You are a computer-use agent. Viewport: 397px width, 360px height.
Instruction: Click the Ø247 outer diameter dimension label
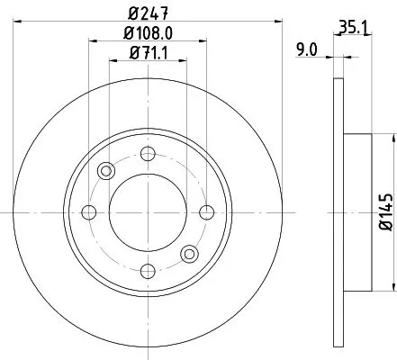point(149,13)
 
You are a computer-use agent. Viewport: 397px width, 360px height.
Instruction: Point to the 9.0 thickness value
point(308,52)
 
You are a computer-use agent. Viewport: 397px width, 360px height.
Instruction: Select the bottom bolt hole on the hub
point(148,272)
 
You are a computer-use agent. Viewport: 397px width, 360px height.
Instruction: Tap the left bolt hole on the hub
point(89,212)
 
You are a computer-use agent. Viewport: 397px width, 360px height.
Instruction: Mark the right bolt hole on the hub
point(207,212)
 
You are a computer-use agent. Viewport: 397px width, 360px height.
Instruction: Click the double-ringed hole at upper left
point(106,171)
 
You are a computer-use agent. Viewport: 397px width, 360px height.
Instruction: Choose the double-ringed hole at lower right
point(189,255)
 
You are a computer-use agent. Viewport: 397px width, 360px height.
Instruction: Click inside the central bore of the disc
point(148,212)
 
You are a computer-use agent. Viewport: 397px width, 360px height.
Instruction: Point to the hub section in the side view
point(356,212)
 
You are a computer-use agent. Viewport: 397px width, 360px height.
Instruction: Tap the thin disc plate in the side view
point(338,117)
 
